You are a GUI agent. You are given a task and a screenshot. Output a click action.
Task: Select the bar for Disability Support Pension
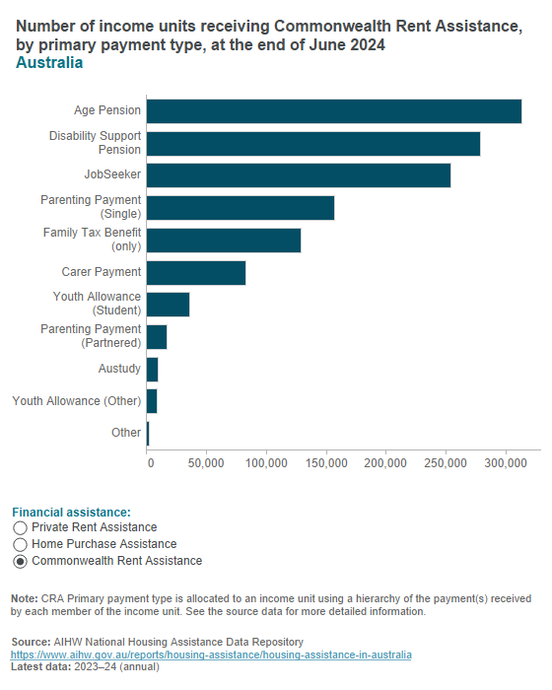point(312,143)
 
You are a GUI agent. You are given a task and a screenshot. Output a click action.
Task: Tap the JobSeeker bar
point(298,175)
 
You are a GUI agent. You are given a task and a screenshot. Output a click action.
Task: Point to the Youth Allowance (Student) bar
point(168,305)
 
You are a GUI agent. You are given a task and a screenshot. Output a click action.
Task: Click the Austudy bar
point(152,369)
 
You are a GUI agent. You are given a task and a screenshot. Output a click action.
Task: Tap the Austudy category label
point(119,369)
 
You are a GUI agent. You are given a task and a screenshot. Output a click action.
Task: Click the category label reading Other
point(126,433)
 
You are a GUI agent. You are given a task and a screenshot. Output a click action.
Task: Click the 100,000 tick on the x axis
point(266,462)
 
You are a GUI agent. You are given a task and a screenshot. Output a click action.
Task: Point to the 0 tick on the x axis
point(150,462)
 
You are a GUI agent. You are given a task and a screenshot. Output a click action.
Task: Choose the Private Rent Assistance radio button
point(21,528)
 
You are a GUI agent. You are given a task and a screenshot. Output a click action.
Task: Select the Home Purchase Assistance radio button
point(21,544)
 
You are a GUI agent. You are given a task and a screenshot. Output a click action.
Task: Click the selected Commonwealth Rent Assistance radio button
point(21,561)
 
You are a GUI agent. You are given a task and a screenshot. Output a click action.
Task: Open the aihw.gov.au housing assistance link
point(211,655)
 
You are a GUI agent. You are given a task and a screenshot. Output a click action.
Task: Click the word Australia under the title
point(49,63)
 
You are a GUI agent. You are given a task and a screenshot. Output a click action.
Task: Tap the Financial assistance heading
point(71,513)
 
